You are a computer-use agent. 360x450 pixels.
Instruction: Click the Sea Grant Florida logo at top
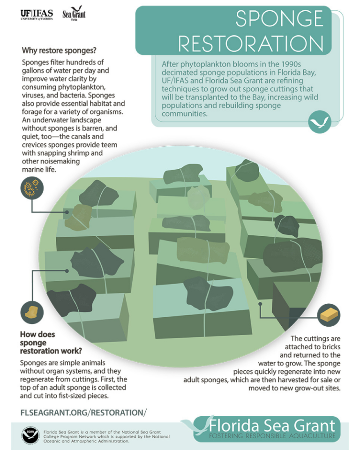74,14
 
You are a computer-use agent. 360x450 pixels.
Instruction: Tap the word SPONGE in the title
279,19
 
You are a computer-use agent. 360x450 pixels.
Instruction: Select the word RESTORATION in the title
251,44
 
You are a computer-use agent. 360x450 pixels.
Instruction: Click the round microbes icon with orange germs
32,188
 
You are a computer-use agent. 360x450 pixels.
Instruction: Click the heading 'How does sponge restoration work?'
44,342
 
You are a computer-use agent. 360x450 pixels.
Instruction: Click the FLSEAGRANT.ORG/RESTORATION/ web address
83,412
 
